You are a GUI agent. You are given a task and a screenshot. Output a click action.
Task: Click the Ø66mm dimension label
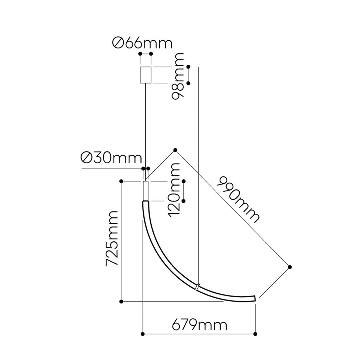tap(142, 43)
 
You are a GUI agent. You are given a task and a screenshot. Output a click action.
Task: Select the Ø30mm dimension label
tap(111, 158)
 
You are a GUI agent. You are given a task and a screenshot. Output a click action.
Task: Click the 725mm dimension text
tap(112, 238)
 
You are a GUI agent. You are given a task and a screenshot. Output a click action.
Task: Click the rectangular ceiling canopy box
tap(146, 75)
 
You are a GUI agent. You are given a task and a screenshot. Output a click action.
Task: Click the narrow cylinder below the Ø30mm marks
tap(146, 191)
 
